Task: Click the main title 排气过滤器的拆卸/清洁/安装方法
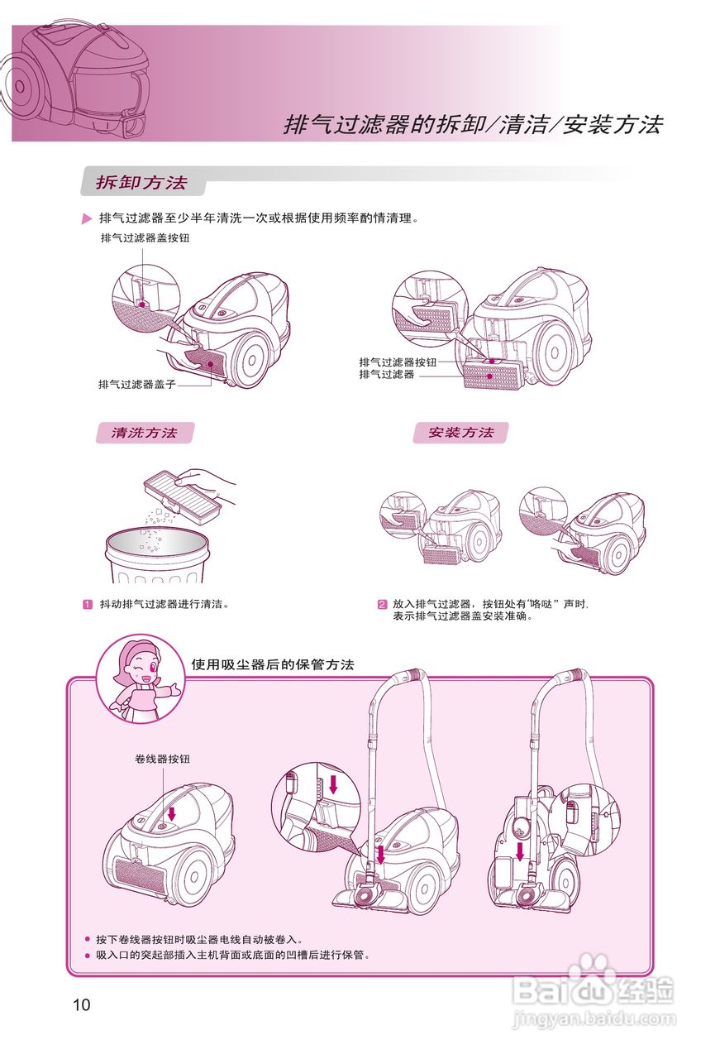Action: coord(473,125)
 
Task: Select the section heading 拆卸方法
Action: coord(141,183)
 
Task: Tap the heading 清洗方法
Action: coord(145,433)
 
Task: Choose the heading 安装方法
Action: coord(460,433)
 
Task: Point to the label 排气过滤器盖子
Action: coord(136,384)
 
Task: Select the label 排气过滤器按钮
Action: coord(396,362)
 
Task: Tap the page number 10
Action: coord(81,1005)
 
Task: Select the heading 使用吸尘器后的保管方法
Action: coord(272,664)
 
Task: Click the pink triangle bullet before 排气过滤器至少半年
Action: coord(87,219)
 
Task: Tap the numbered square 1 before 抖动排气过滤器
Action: coord(87,604)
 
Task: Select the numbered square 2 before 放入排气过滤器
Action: coord(382,604)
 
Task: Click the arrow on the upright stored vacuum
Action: coord(520,851)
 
